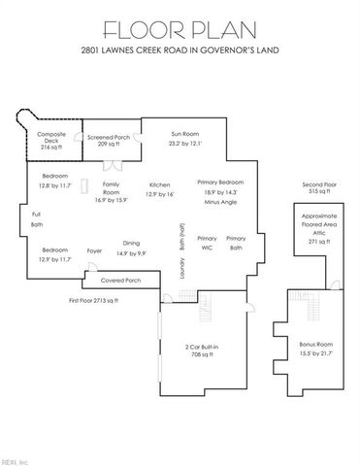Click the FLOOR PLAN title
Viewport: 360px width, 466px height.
tap(180, 25)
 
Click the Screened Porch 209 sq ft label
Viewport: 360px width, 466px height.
tap(108, 140)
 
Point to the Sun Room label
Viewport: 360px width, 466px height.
tap(187, 138)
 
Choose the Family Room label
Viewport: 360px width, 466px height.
tap(112, 190)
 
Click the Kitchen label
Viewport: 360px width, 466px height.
tap(160, 189)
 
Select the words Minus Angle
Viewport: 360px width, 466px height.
tap(220, 204)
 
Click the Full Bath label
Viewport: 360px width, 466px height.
tap(37, 219)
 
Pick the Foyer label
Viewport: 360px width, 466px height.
tap(94, 250)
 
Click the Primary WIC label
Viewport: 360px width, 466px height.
tap(207, 244)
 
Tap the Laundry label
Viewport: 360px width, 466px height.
tap(181, 268)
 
